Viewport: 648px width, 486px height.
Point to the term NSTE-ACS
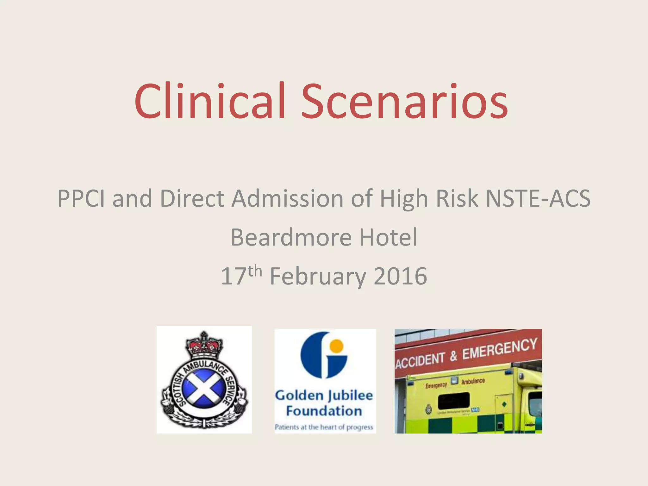click(538, 198)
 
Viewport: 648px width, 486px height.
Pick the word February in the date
click(317, 276)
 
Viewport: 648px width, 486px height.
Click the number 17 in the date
click(234, 276)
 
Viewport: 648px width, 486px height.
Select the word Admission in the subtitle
click(287, 198)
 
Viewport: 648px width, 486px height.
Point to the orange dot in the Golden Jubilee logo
click(336, 346)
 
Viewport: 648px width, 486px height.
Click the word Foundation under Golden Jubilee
click(324, 411)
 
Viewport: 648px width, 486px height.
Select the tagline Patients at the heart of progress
click(324, 427)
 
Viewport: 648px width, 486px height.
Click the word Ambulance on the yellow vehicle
click(473, 381)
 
